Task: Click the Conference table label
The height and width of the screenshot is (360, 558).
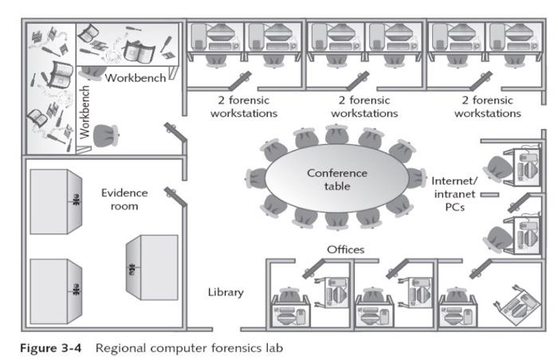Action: [338, 179]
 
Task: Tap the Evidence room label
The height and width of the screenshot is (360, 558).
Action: [120, 199]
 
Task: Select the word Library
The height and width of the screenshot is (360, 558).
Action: [226, 292]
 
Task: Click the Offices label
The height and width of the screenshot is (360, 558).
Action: [345, 249]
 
